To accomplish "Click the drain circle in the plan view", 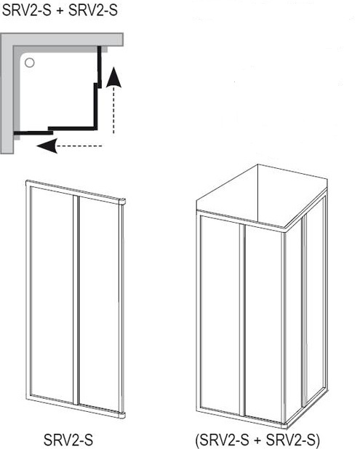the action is (x=30, y=63).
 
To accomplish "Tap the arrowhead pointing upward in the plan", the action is (x=114, y=77).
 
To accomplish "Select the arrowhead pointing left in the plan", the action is (x=47, y=146).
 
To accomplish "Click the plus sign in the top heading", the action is (x=60, y=11).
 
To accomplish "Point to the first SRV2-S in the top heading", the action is (x=27, y=10).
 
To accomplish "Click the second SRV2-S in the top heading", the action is (x=93, y=10).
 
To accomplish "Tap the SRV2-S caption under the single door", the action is (x=68, y=440).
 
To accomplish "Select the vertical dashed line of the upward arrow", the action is (x=113, y=110).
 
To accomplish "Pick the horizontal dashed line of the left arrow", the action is (x=79, y=146).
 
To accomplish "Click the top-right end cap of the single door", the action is (x=122, y=202).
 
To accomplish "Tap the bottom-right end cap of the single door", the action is (x=122, y=416).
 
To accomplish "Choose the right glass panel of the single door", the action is (x=99, y=304).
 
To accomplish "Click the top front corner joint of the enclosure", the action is (x=284, y=231).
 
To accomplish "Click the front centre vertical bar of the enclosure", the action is (x=242, y=320).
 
